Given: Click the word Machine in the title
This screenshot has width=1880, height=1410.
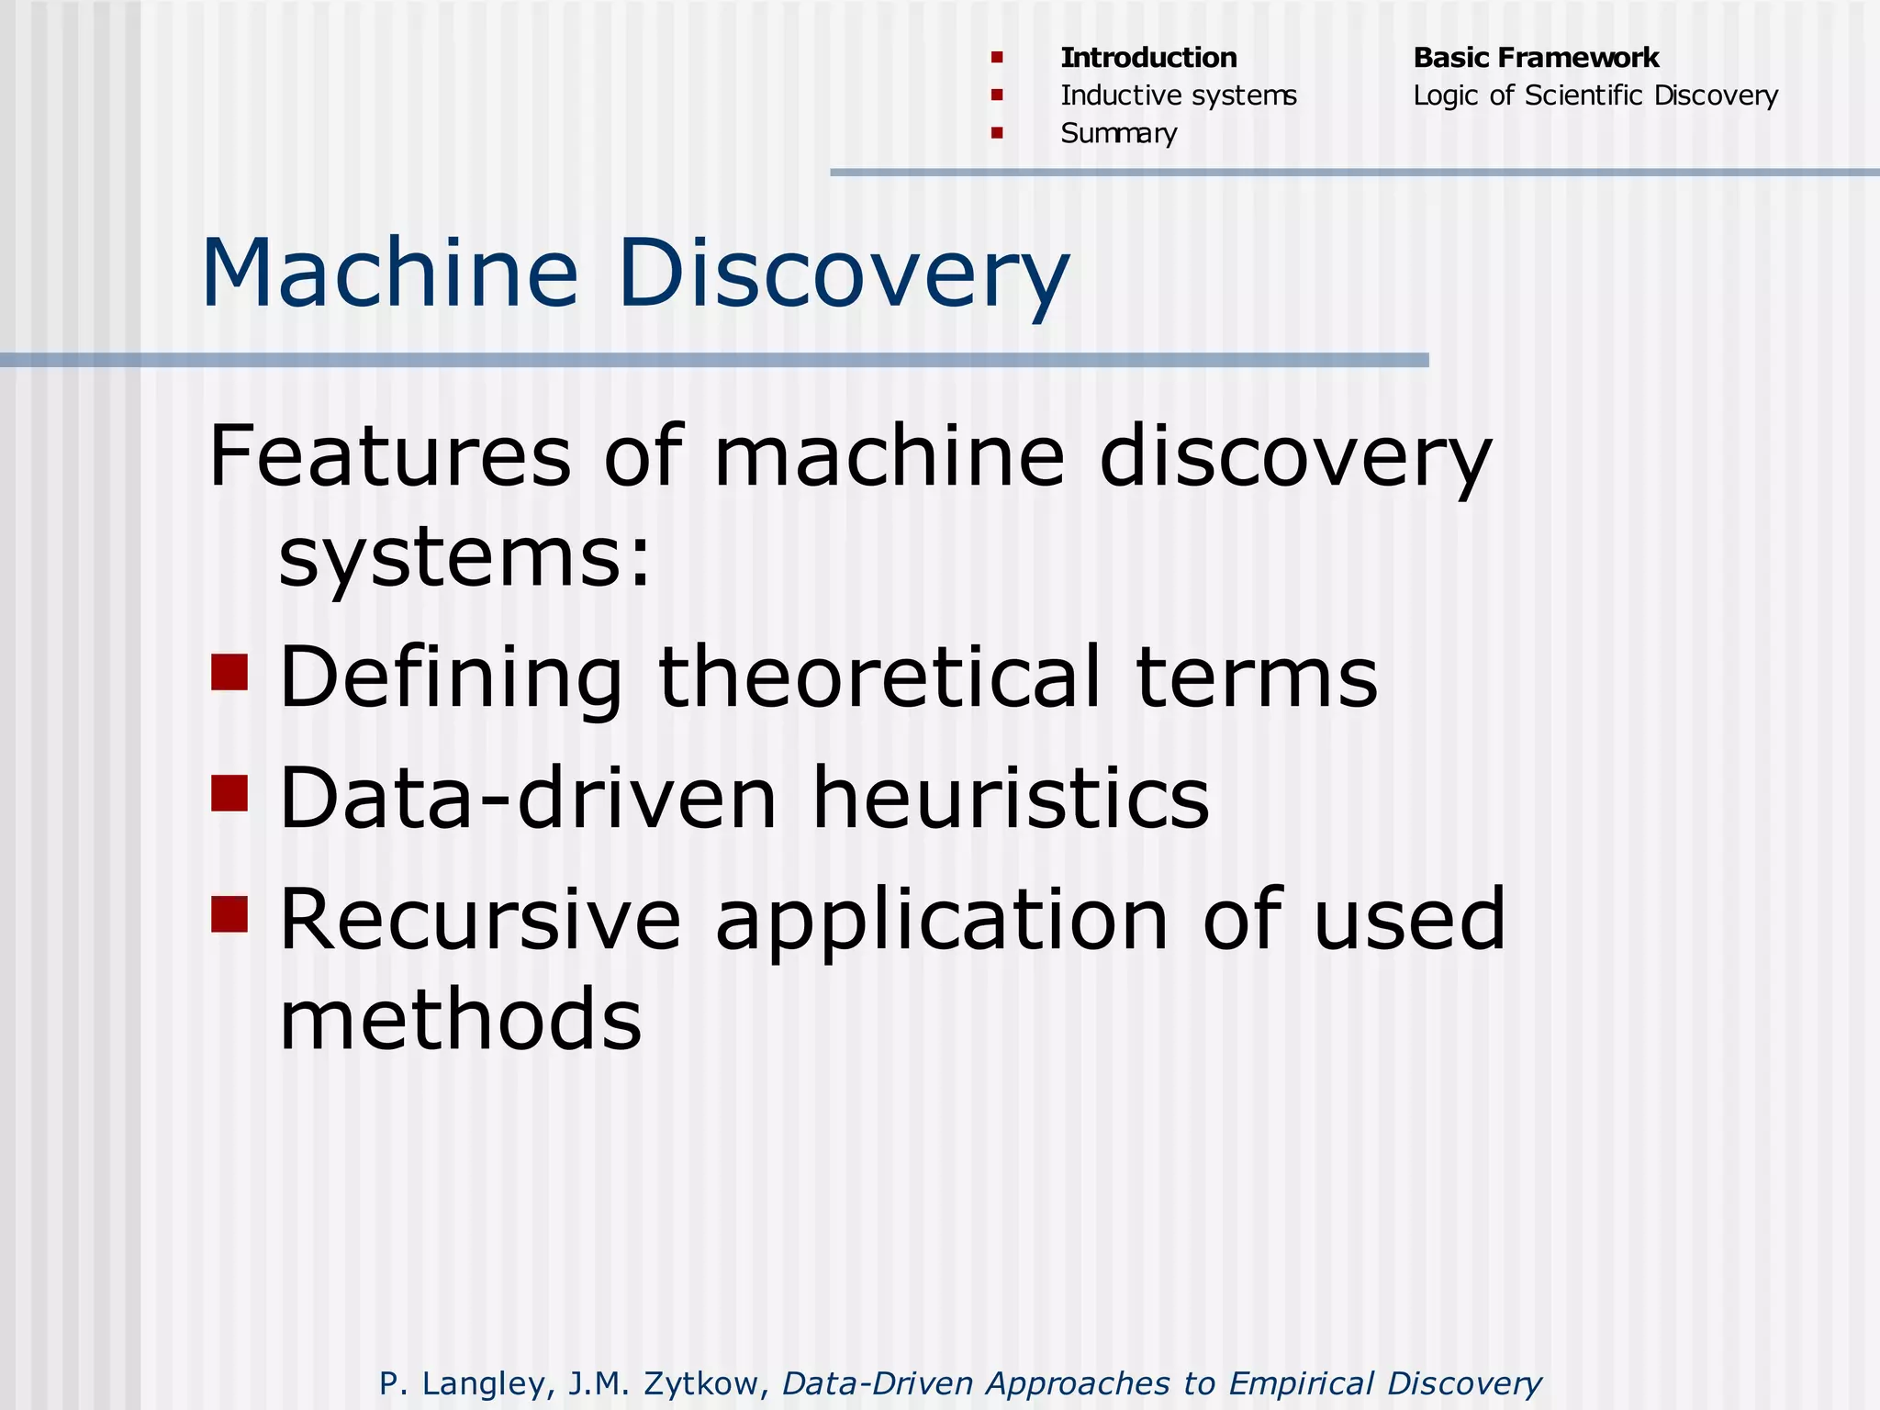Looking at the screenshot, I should [x=389, y=274].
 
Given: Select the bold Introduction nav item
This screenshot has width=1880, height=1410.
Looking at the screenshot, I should [x=1148, y=58].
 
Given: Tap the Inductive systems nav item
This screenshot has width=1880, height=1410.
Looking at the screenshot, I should [x=1179, y=95].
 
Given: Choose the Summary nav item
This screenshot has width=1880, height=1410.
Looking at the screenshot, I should [x=1118, y=134].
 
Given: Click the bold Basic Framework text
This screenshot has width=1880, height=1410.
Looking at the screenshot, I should [x=1536, y=58].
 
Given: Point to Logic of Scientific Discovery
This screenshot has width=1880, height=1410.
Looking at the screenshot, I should [x=1595, y=95].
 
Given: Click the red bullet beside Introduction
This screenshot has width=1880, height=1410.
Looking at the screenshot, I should [x=997, y=58].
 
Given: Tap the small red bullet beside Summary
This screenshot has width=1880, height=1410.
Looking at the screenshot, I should [x=997, y=133].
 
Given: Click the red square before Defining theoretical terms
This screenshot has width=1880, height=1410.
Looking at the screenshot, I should [x=229, y=672].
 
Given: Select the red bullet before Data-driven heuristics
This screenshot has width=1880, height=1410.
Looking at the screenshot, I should [x=229, y=793].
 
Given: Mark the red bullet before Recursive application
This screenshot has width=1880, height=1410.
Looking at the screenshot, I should [x=229, y=914].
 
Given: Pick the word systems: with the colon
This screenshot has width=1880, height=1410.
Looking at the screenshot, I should [x=464, y=557].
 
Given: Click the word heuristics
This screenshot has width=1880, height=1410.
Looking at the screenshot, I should [x=1010, y=799].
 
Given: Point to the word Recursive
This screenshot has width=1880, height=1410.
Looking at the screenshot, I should [x=480, y=920].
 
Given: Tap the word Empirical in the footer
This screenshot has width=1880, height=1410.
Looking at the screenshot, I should [x=1301, y=1382].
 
